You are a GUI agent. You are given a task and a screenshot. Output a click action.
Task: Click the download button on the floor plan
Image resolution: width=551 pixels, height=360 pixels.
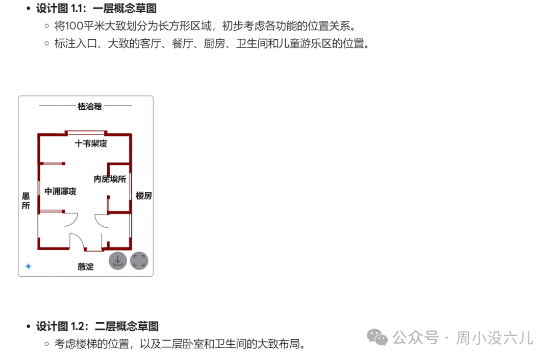[118, 261]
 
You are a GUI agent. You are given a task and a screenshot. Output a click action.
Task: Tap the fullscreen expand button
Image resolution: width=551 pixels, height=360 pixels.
[139, 261]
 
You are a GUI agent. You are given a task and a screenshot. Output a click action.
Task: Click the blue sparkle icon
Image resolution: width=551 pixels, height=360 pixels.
[29, 266]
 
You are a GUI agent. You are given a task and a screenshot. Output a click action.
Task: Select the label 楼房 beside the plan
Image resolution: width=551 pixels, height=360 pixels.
[143, 196]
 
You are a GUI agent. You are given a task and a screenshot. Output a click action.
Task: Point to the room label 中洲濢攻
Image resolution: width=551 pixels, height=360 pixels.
[60, 191]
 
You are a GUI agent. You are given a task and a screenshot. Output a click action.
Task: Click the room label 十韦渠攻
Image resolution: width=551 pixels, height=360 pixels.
[91, 144]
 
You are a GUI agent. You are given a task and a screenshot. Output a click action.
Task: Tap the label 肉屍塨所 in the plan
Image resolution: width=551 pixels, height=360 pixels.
[110, 179]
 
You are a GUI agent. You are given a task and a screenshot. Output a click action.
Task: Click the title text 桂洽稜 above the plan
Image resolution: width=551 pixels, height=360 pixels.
[89, 106]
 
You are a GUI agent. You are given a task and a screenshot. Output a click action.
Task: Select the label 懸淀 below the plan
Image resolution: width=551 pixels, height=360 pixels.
[86, 267]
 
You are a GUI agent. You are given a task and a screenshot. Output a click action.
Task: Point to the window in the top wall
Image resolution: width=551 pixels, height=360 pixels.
[86, 133]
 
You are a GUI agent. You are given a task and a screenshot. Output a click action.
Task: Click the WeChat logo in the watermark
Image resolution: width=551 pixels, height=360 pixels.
[378, 337]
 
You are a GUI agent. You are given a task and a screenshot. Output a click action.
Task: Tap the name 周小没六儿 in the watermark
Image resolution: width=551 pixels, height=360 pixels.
[494, 338]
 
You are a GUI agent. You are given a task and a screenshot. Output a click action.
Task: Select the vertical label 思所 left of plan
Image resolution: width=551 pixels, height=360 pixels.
[26, 201]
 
